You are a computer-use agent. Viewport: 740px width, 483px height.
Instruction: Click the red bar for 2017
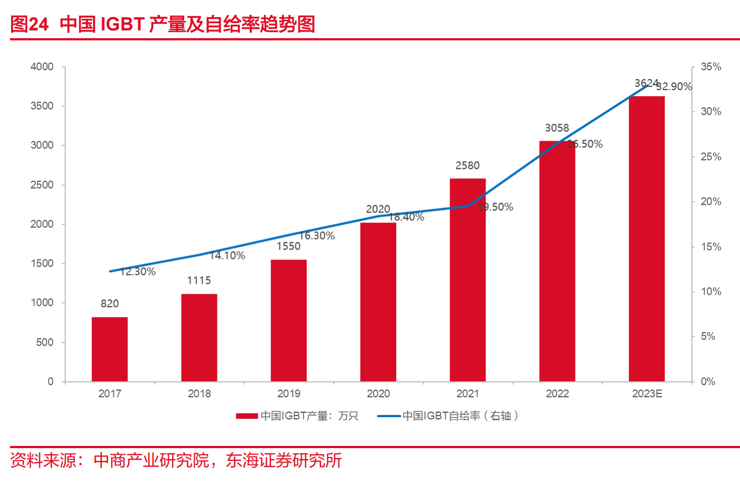point(110,349)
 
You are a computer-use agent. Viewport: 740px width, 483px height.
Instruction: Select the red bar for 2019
point(288,320)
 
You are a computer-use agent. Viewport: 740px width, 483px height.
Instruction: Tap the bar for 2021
point(468,280)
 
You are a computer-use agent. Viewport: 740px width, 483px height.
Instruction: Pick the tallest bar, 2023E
point(646,239)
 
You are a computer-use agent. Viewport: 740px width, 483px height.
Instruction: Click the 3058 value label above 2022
point(557,128)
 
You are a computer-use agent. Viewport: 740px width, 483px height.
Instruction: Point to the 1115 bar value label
point(199,281)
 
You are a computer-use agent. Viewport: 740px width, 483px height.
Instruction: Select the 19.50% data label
point(495,207)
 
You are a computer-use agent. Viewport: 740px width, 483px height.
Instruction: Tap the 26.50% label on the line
point(584,144)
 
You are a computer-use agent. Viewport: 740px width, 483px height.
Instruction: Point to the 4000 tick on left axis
point(42,67)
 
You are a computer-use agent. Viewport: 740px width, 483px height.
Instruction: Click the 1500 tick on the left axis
point(42,263)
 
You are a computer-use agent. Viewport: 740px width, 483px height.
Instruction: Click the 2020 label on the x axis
point(378,394)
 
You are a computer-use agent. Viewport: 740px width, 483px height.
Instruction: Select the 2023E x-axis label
point(646,394)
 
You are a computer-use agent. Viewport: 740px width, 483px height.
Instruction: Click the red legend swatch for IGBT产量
point(247,416)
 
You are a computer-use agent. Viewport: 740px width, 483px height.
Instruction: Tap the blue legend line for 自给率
point(389,416)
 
